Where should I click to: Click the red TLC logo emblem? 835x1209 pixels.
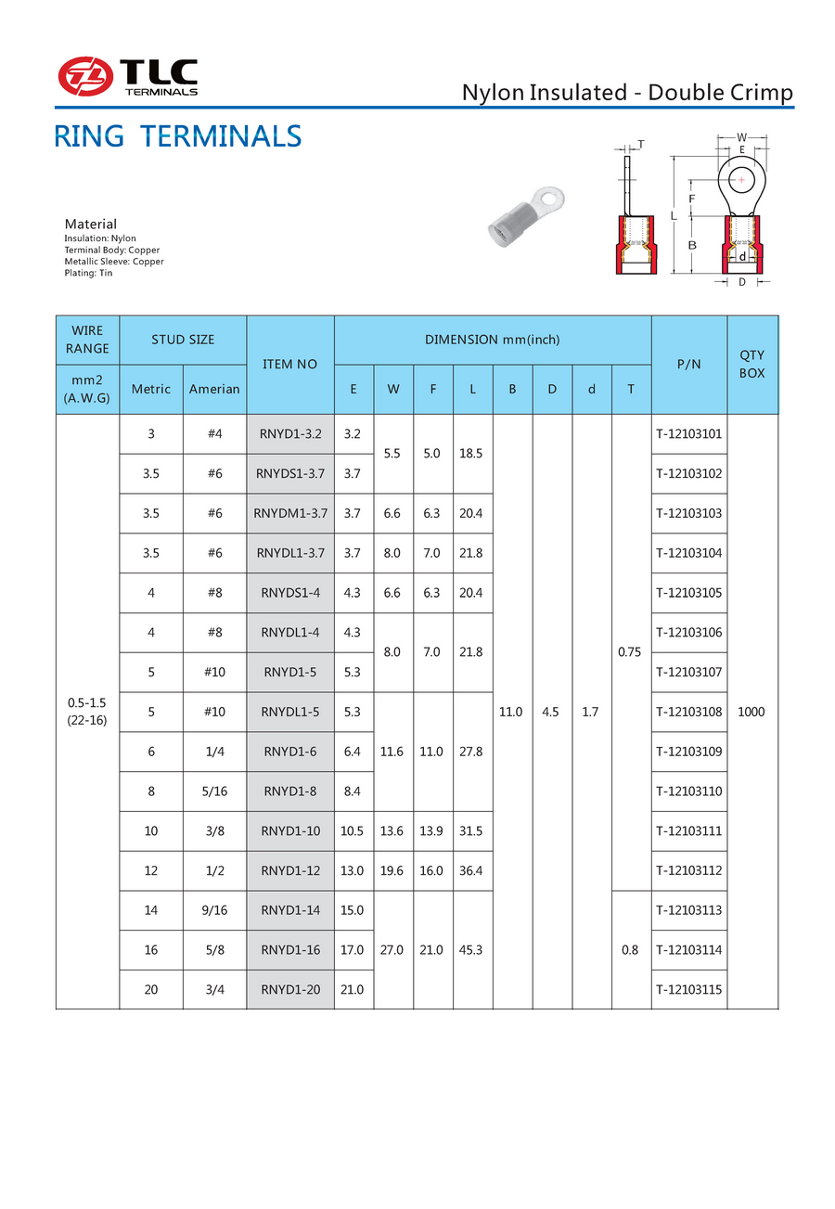pyautogui.click(x=85, y=76)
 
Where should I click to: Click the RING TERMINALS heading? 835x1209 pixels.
pyautogui.click(x=177, y=136)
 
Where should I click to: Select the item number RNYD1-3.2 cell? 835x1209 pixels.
pyautogui.click(x=290, y=433)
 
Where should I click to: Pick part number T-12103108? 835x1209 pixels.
pyautogui.click(x=688, y=712)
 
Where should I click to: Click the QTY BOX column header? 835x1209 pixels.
pyautogui.click(x=751, y=364)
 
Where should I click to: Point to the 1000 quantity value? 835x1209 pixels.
pyautogui.click(x=751, y=712)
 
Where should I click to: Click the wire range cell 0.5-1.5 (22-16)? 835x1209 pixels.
pyautogui.click(x=87, y=712)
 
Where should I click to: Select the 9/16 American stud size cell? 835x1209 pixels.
pyautogui.click(x=214, y=910)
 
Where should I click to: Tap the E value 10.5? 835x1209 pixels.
pyautogui.click(x=353, y=831)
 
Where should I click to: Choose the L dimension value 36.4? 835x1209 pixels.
pyautogui.click(x=472, y=870)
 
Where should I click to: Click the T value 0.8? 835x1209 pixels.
pyautogui.click(x=631, y=950)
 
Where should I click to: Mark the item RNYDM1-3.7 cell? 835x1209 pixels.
pyautogui.click(x=290, y=513)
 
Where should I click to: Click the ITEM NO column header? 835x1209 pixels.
pyautogui.click(x=290, y=364)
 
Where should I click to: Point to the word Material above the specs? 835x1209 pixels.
pyautogui.click(x=90, y=224)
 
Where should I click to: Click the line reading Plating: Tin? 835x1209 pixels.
pyautogui.click(x=88, y=273)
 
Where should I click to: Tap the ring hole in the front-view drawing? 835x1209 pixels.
pyautogui.click(x=739, y=178)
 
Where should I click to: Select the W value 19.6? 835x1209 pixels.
pyautogui.click(x=392, y=870)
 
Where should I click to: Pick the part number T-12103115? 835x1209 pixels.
pyautogui.click(x=688, y=989)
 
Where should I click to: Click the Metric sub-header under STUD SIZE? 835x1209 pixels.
pyautogui.click(x=151, y=389)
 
